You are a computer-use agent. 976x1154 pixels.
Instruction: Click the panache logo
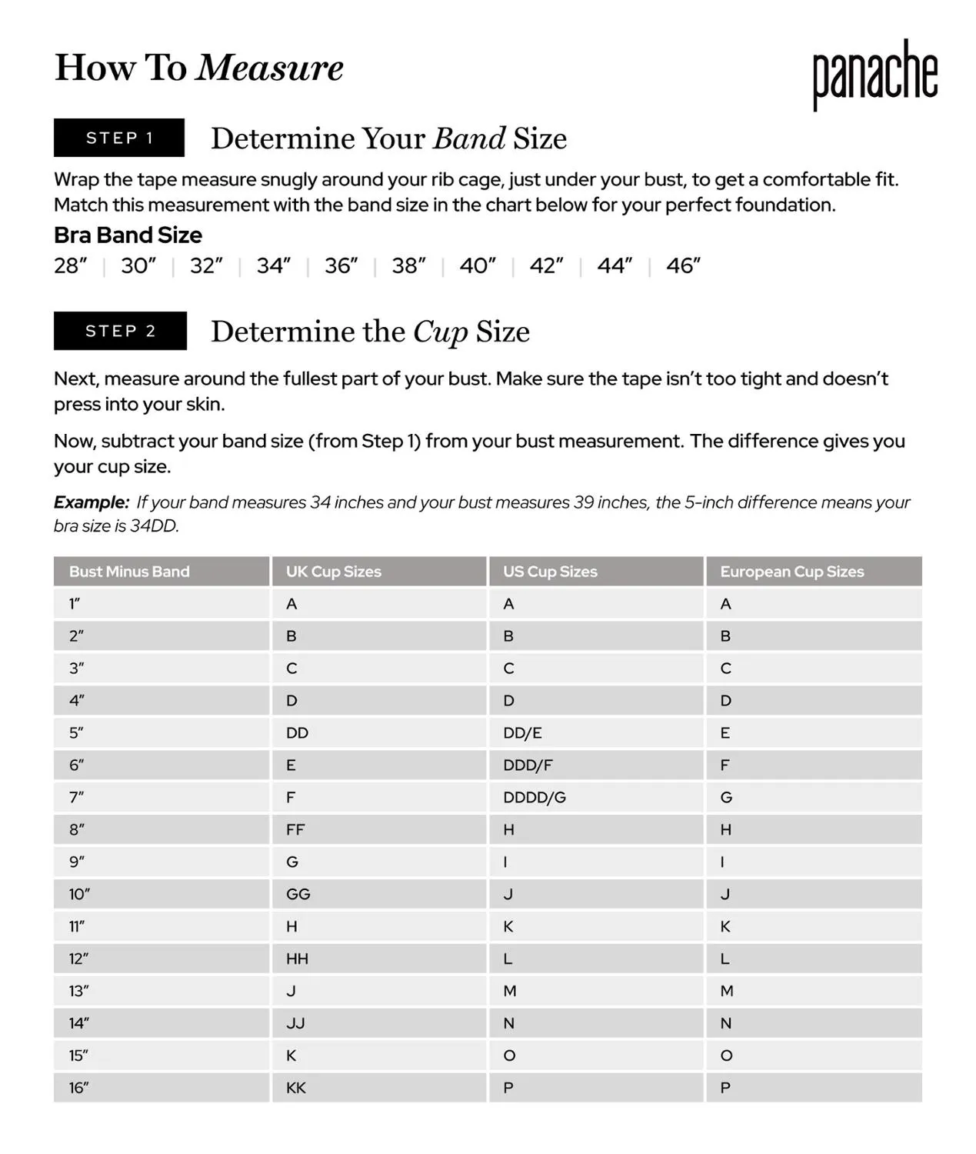pos(875,74)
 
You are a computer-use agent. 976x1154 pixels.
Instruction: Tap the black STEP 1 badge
pos(119,138)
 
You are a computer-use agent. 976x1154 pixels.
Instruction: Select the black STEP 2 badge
pos(120,331)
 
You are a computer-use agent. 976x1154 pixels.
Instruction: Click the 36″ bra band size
pos(341,266)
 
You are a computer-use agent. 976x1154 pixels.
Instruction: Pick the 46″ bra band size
pos(683,266)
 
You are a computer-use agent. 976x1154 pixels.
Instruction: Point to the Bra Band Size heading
pos(128,235)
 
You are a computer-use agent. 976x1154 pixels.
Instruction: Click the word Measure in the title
pos(269,68)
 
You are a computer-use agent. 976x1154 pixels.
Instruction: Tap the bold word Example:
pos(92,502)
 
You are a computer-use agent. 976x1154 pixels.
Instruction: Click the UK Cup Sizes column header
pos(334,572)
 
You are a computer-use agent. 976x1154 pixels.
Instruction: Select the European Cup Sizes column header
pos(791,572)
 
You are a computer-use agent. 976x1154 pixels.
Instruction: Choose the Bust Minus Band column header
pos(129,572)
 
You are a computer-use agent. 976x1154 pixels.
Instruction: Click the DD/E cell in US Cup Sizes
pos(522,733)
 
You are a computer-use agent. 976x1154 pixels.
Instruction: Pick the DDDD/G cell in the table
pos(534,798)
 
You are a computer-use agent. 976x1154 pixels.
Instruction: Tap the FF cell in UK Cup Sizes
pos(295,830)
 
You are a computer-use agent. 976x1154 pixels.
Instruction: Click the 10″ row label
pos(79,895)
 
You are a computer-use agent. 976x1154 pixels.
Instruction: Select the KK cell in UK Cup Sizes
pos(296,1088)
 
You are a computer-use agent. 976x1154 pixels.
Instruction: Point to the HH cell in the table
pos(297,959)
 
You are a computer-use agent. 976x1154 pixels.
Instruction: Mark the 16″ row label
pos(79,1088)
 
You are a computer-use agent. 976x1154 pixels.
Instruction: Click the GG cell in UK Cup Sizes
pos(298,895)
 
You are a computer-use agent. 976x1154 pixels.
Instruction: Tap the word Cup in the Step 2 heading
pos(440,332)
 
